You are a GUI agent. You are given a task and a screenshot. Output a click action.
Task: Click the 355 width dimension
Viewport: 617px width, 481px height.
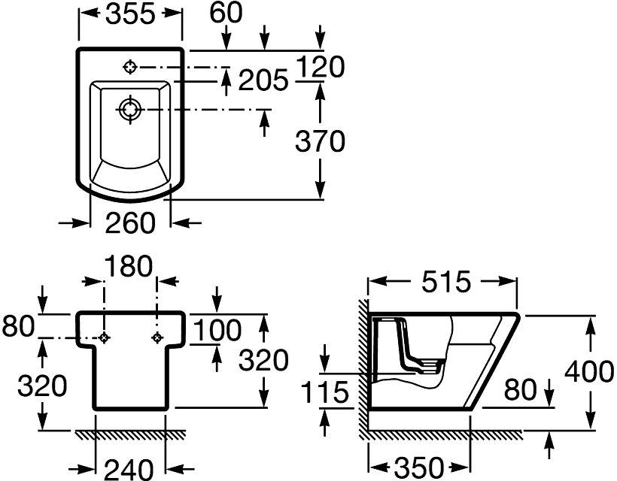(131, 14)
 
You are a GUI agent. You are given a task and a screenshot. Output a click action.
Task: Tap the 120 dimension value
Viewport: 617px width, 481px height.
(321, 67)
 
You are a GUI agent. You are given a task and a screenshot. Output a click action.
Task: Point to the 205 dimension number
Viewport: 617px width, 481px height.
(263, 80)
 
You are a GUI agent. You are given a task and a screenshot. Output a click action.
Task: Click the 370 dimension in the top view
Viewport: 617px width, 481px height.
(320, 141)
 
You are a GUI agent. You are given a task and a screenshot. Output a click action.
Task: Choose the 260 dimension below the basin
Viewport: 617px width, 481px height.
(131, 222)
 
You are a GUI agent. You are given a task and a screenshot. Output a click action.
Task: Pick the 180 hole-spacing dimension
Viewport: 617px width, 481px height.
(129, 266)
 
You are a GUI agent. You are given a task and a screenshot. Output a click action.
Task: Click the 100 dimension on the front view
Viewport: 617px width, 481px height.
(217, 330)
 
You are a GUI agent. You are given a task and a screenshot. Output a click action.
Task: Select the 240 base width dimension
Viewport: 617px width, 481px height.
(129, 468)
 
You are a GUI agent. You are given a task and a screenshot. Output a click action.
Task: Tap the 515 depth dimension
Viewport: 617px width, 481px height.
(446, 282)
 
